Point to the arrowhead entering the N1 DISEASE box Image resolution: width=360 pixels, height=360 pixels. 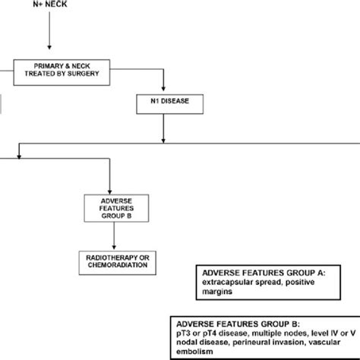click(163, 88)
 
